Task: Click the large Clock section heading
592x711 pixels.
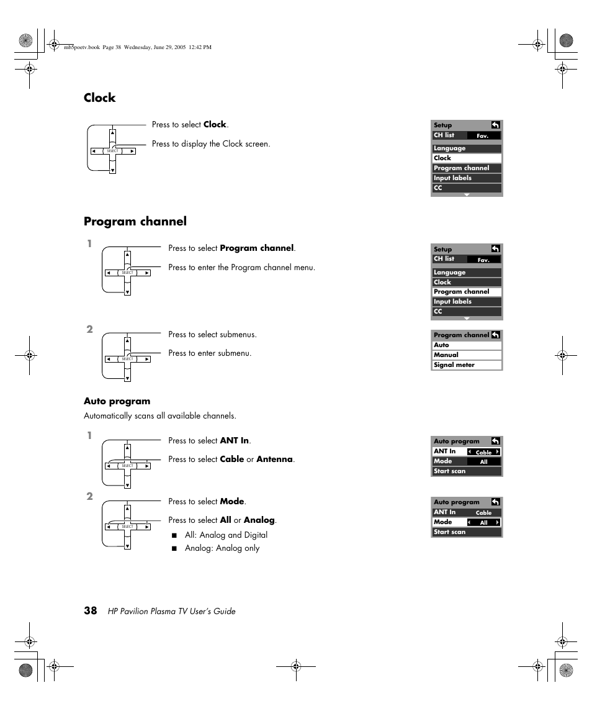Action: coord(100,98)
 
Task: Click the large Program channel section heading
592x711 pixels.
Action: coord(135,222)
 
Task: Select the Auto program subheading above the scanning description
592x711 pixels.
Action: coord(117,401)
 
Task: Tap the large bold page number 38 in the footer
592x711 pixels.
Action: coord(91,610)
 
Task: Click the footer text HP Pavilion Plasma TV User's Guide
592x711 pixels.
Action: coord(171,612)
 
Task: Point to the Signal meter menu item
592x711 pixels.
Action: coord(454,365)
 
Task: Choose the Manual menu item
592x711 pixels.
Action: coord(446,355)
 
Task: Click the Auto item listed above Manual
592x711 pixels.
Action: coord(441,345)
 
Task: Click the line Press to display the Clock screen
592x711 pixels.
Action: coord(211,144)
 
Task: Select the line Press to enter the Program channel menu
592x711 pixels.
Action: coord(241,268)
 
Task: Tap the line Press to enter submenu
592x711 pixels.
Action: coord(210,353)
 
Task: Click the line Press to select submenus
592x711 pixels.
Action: coord(212,335)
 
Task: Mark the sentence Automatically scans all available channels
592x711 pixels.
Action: coord(160,416)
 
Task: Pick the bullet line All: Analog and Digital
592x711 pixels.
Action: coord(226,535)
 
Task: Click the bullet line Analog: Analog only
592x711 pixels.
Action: coord(222,548)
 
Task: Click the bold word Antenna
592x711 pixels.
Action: coord(274,460)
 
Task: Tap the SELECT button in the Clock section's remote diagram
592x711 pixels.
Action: coord(112,151)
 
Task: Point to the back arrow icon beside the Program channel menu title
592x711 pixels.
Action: coord(495,335)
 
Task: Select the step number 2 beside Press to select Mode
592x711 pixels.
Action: coord(90,497)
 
